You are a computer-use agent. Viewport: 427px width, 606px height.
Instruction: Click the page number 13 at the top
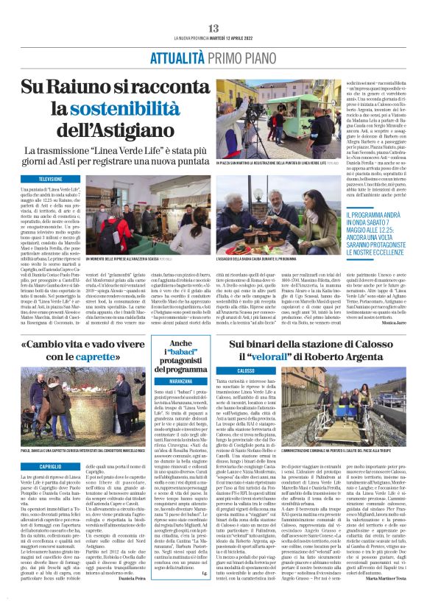(213, 28)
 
